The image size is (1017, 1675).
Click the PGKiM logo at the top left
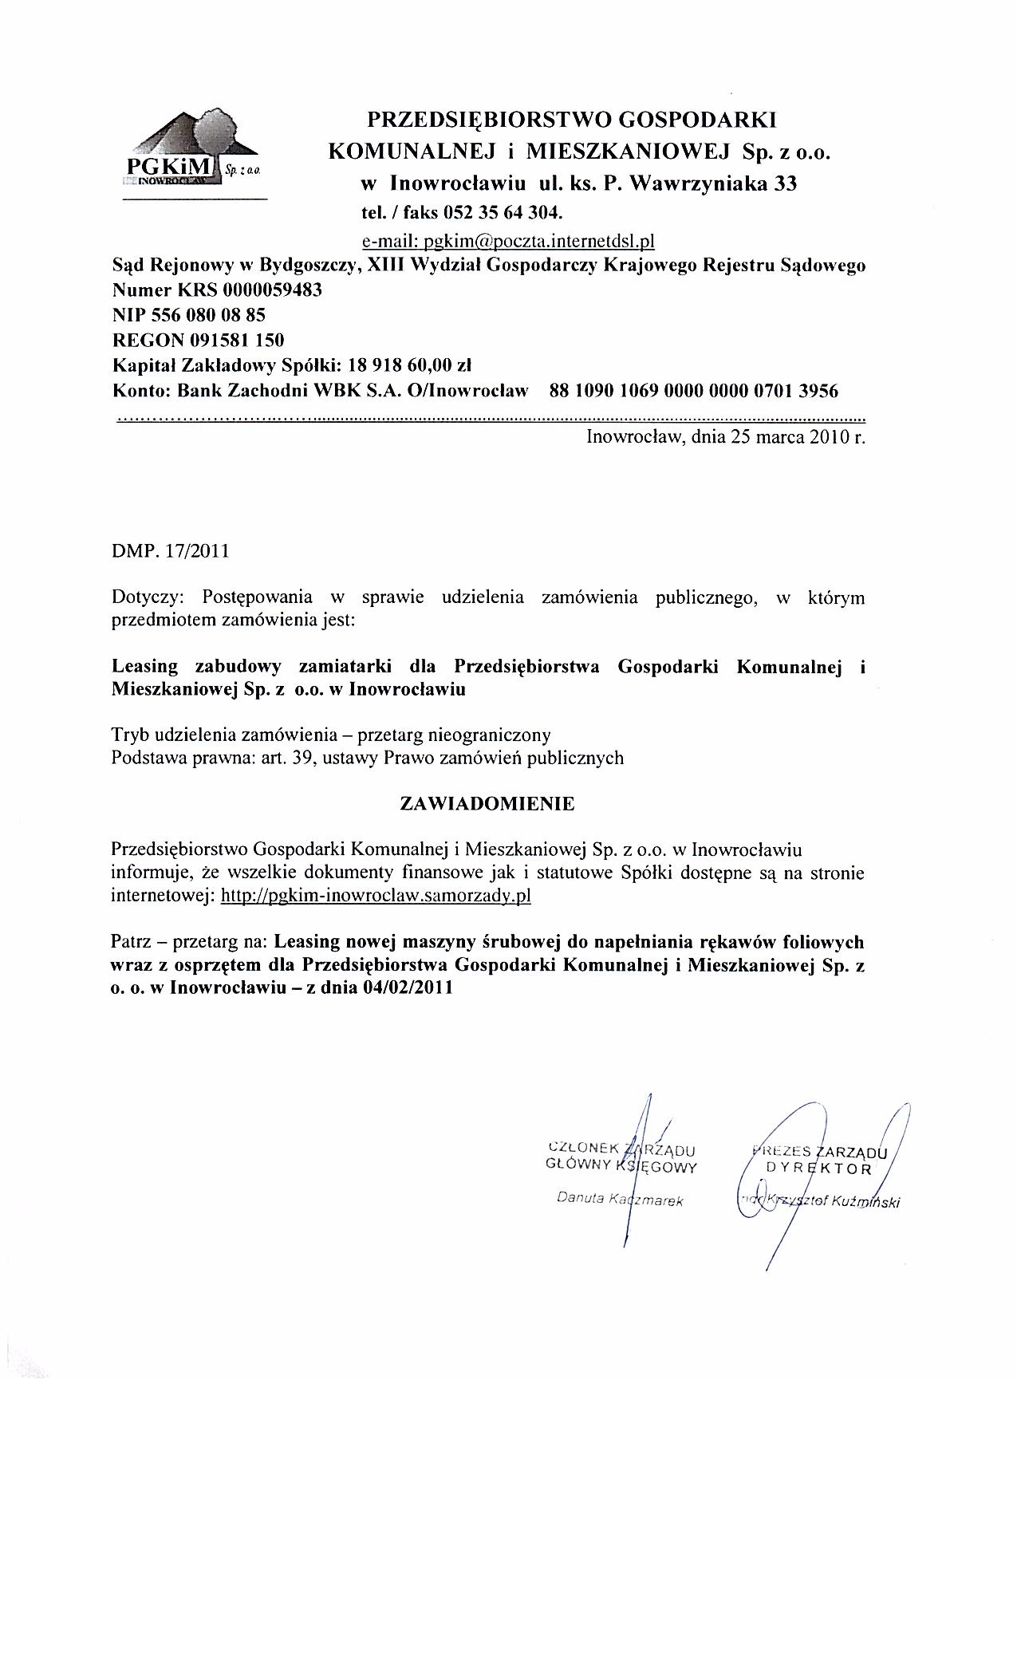pyautogui.click(x=194, y=152)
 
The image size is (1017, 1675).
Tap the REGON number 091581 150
pyautogui.click(x=236, y=341)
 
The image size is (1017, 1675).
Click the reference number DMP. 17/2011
pyautogui.click(x=170, y=550)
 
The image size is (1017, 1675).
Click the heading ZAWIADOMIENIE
pyautogui.click(x=487, y=804)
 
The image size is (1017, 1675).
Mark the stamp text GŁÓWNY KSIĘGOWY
pyautogui.click(x=621, y=1167)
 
